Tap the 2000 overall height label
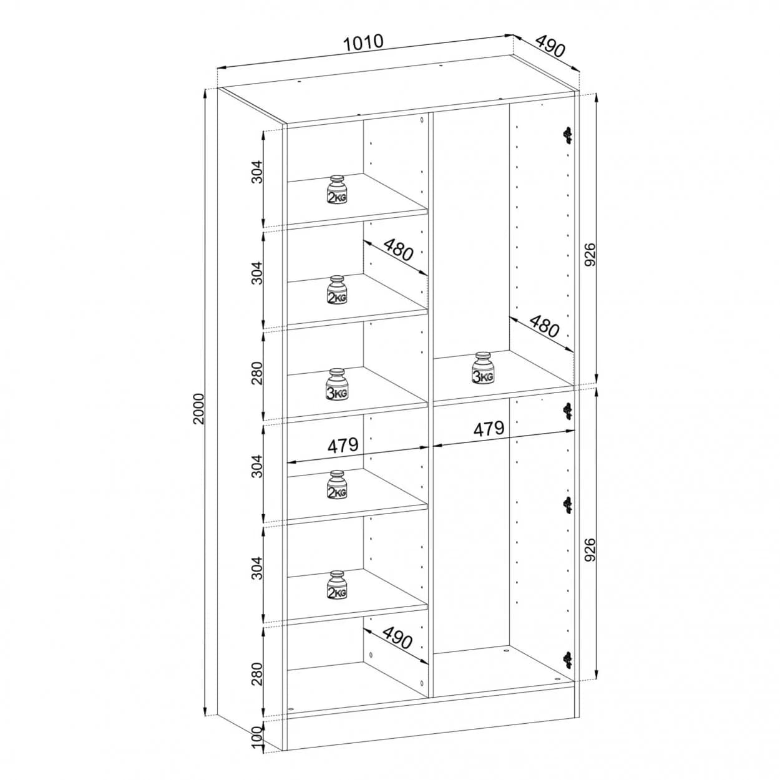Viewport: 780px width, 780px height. [199, 409]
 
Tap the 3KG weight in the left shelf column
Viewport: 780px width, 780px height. [336, 384]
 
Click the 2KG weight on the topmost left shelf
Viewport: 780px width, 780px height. [336, 190]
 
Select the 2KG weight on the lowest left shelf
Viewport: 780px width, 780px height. [336, 585]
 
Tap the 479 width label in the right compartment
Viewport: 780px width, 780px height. [489, 428]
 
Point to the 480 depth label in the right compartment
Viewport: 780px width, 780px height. [544, 326]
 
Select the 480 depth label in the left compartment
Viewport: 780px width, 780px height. [398, 250]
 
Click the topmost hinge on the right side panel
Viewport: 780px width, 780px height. [568, 135]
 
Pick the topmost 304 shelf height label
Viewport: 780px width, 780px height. [258, 172]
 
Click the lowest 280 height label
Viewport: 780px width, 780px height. [258, 673]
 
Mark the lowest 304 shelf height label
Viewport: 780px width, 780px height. [258, 568]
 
